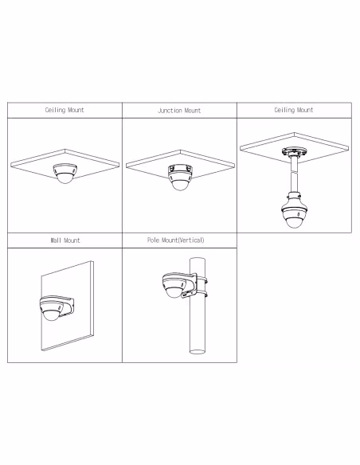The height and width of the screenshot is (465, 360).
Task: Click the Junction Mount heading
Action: (179, 111)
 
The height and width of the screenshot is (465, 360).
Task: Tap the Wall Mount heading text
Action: (65, 240)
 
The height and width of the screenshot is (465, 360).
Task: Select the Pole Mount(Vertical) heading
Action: (176, 240)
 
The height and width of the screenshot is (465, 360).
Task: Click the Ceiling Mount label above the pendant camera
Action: (294, 111)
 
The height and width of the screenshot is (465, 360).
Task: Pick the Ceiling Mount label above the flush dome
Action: (65, 111)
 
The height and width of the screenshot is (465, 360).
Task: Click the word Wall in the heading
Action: (56, 240)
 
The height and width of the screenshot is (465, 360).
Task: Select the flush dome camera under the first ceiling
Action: (65, 174)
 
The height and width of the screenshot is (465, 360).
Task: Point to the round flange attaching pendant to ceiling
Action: (294, 152)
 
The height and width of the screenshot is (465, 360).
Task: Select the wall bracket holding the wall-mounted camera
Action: (68, 306)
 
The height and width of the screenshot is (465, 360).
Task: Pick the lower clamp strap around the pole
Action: (201, 294)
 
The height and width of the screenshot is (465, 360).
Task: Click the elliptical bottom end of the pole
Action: (198, 352)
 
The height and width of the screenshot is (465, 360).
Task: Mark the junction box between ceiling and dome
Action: (180, 170)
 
